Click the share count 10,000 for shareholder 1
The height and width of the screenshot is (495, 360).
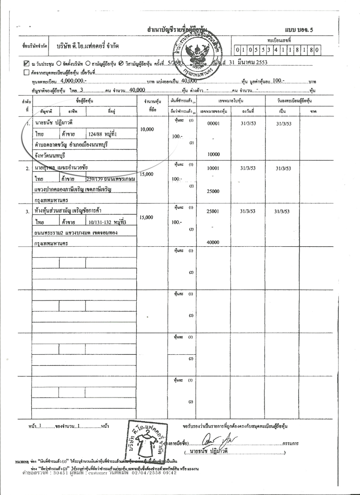146,130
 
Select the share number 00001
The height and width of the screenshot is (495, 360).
213,124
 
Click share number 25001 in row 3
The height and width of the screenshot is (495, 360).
213,211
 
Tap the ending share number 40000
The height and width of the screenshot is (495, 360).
213,242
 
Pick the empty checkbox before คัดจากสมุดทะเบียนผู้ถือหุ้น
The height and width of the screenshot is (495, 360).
26,72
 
